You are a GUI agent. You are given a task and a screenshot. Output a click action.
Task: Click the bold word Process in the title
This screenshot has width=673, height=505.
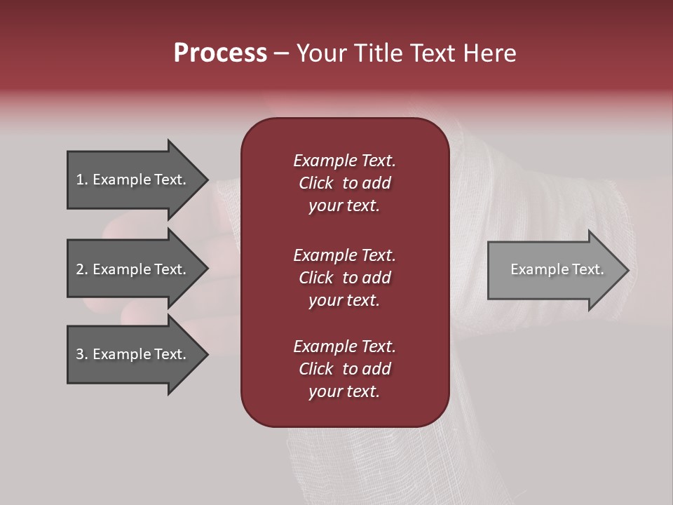point(220,53)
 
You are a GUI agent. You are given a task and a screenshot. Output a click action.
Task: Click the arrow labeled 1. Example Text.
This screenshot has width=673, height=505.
point(131,180)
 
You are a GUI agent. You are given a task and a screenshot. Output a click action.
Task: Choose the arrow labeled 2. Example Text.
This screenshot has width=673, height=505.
point(131,269)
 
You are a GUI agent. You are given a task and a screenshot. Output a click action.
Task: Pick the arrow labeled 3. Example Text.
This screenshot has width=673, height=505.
point(131,354)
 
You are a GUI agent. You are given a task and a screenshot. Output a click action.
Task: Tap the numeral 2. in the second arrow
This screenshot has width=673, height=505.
point(82,269)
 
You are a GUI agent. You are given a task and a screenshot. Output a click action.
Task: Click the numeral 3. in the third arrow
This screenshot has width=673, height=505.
point(82,354)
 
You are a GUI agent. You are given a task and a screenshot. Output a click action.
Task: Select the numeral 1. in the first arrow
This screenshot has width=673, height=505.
point(82,180)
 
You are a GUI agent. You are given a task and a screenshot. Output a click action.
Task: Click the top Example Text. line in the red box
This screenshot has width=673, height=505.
point(344,161)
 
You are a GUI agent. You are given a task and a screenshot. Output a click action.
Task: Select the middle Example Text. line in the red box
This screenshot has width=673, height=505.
point(344,255)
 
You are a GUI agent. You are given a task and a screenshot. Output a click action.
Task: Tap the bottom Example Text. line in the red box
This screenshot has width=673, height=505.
point(344,346)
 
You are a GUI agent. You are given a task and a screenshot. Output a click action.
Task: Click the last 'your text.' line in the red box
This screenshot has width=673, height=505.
point(344,391)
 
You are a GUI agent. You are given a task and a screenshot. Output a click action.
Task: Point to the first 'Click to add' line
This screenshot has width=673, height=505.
point(344,183)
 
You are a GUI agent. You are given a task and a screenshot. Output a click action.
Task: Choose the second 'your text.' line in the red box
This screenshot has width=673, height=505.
point(344,300)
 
